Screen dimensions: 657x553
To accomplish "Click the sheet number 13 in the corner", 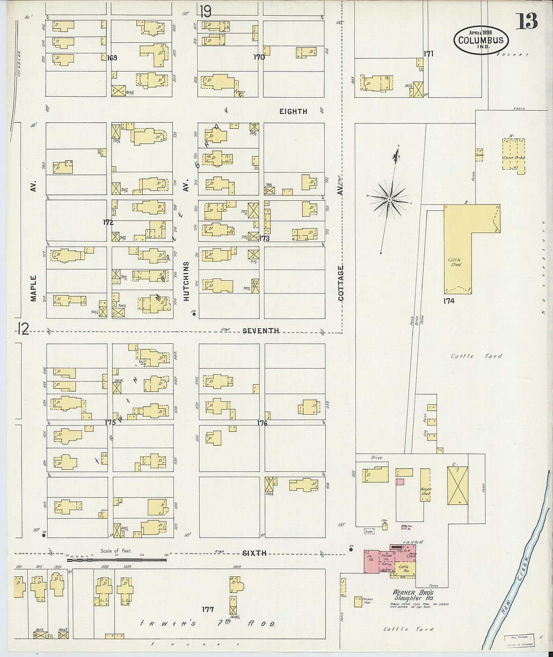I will click(x=526, y=21).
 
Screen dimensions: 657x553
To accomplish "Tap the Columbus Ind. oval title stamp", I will click(x=481, y=40).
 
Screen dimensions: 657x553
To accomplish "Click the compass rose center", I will click(x=389, y=200).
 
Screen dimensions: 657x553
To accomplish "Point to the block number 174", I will click(x=449, y=301).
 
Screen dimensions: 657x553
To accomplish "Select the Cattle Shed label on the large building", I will click(x=455, y=262).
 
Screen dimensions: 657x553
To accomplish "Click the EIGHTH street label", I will click(x=293, y=111).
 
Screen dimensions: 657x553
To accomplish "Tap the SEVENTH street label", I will click(x=260, y=331).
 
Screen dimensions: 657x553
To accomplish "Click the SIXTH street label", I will click(x=254, y=553).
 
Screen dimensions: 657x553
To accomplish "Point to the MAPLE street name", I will click(x=34, y=287).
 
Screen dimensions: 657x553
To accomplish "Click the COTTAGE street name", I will click(x=341, y=283).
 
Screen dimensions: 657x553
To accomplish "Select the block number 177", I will click(x=208, y=609).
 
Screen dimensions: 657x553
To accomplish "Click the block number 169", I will click(x=112, y=58).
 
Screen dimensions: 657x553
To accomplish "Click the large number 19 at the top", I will click(x=205, y=11).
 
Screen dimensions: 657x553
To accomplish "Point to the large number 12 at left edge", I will click(x=23, y=329).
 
